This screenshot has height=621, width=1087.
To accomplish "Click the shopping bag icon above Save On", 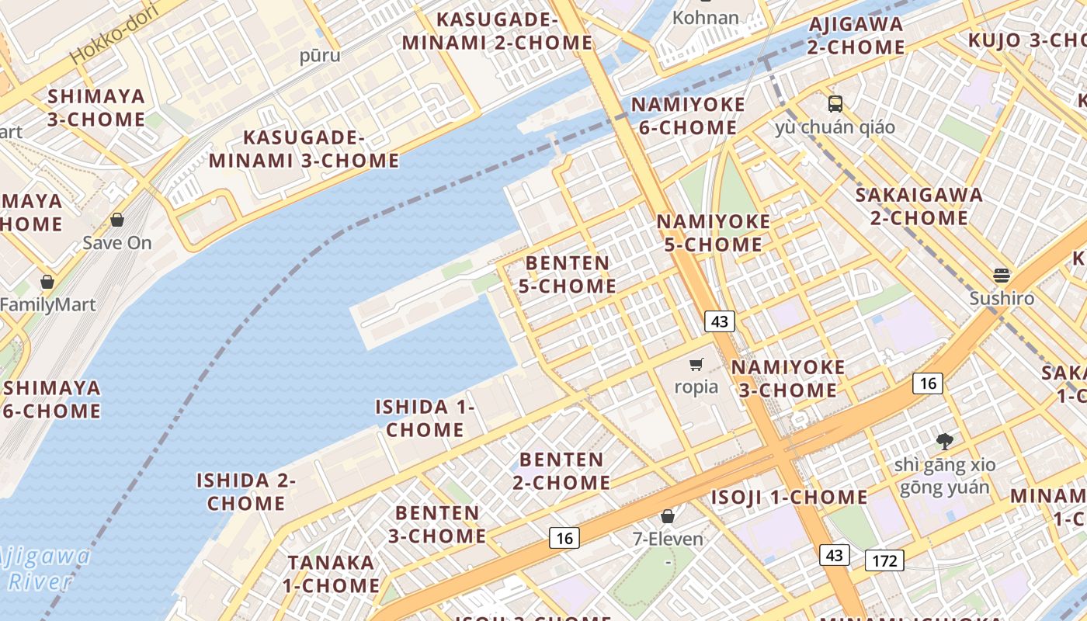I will tap(117, 220).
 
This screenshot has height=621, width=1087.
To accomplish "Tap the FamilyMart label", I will tap(48, 304).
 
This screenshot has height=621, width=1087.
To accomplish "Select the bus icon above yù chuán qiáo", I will tap(835, 103).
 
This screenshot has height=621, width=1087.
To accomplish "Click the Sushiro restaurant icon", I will tap(1002, 276).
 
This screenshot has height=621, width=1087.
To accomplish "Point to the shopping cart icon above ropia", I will tap(696, 364).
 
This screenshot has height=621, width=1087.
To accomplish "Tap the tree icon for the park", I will tap(945, 442).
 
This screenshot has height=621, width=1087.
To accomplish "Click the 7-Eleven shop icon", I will tap(668, 516).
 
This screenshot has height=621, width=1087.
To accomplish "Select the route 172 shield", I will tap(884, 560).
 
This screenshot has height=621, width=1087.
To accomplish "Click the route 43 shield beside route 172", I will tap(834, 555).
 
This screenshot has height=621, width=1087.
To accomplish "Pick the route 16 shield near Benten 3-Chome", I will tap(564, 537).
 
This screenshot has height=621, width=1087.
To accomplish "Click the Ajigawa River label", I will tap(44, 569).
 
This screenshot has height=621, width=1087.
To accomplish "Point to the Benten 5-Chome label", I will tap(568, 274).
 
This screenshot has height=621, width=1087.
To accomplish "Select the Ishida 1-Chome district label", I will tap(425, 418).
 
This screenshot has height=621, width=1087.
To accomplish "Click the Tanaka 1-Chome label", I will tap(331, 574).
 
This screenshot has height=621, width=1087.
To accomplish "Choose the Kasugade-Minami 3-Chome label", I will tap(304, 149).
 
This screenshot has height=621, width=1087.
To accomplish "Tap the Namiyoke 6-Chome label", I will tap(688, 116).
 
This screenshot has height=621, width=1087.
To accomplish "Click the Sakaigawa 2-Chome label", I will tap(919, 206).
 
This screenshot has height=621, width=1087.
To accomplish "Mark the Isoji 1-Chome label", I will tap(790, 497).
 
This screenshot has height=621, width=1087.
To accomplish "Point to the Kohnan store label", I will tap(706, 17).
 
